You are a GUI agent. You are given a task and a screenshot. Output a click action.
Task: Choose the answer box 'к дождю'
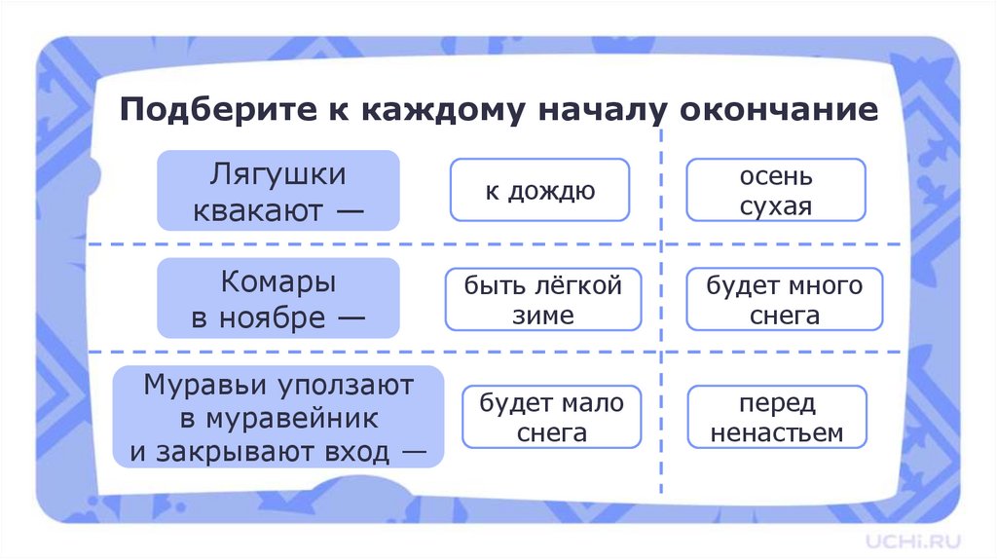(539, 190)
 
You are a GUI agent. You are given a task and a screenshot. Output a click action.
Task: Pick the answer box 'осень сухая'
(775, 190)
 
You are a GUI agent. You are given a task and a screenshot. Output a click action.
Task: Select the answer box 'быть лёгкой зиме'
(542, 300)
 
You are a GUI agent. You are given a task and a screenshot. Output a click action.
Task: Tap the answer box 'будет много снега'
(784, 300)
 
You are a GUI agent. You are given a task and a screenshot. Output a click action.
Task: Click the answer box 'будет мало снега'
(551, 417)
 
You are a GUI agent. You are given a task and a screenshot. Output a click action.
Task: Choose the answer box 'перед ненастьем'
(776, 417)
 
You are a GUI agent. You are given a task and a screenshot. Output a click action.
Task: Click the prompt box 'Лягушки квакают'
(278, 190)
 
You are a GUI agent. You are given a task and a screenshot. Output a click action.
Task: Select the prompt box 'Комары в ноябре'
(278, 298)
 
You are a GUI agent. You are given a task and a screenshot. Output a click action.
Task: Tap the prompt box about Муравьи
(278, 417)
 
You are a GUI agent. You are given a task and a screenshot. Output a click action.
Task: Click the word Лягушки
(278, 175)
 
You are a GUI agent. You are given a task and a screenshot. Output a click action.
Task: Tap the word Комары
(278, 283)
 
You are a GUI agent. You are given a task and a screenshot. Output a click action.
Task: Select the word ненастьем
(776, 432)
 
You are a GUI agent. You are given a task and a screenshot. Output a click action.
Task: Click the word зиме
(542, 315)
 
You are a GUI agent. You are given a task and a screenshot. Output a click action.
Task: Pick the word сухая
(775, 206)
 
